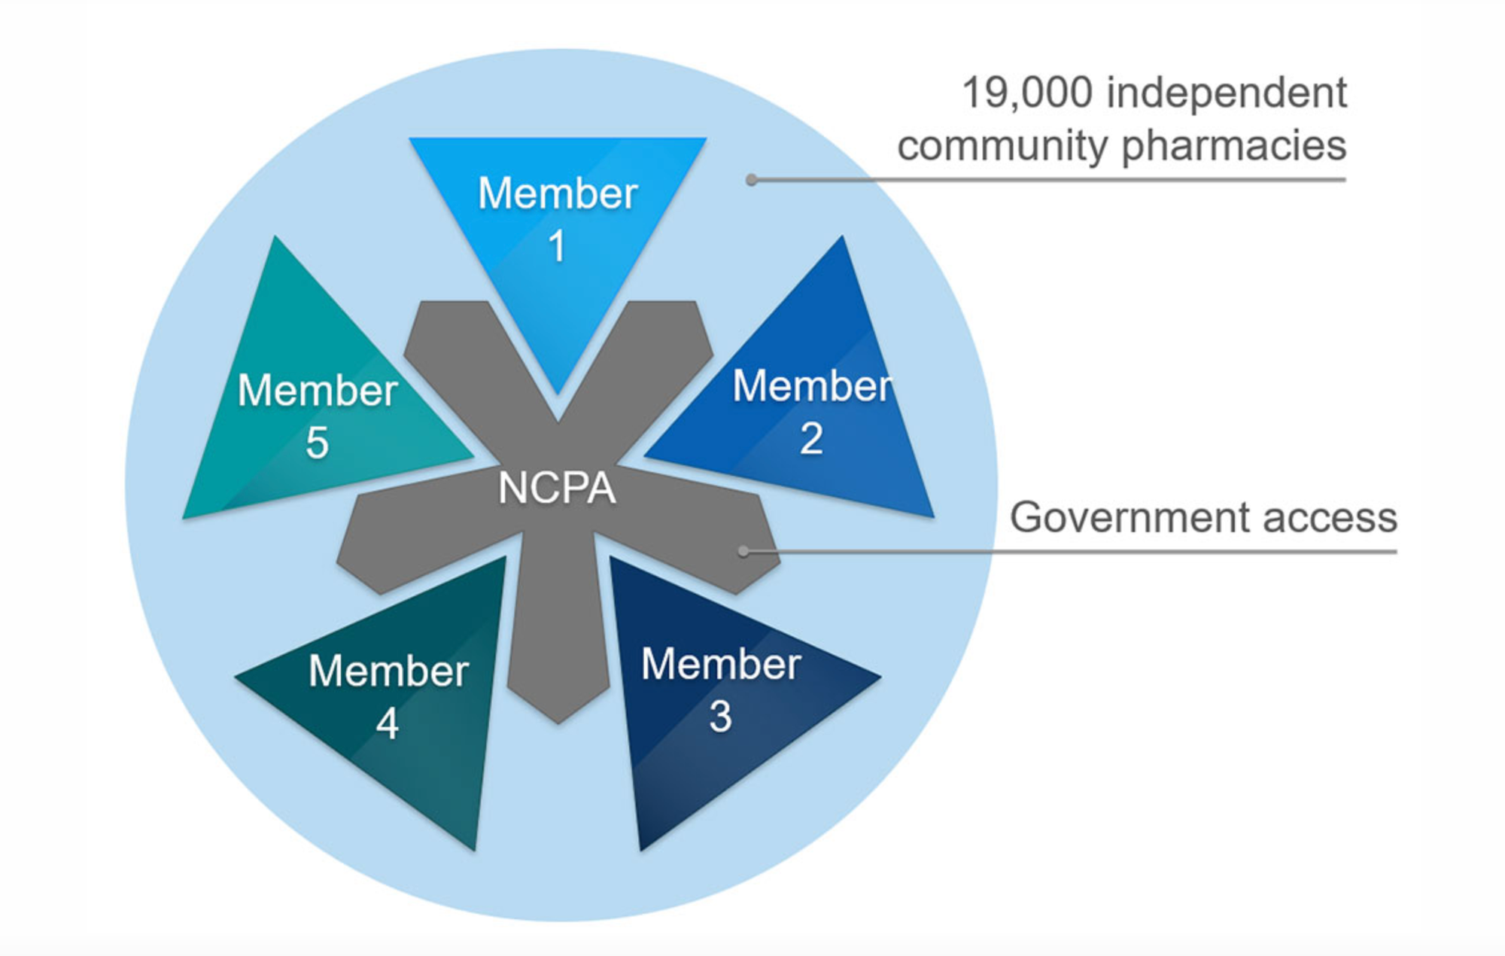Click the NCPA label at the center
(557, 488)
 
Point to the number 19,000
(1027, 93)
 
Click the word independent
(1227, 93)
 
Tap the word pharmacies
(1233, 146)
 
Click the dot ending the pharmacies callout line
(751, 180)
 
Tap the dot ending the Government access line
(743, 552)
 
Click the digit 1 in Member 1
(557, 246)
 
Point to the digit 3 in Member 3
(720, 716)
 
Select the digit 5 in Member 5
(317, 442)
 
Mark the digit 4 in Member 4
(388, 723)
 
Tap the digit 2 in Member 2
(811, 438)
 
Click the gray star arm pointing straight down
(558, 647)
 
